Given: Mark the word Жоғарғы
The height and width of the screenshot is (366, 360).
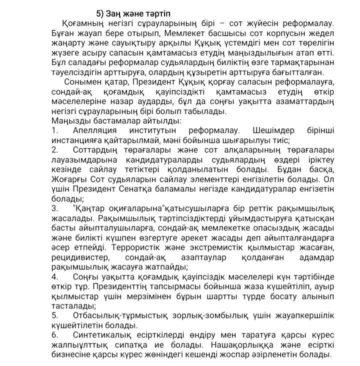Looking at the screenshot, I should click(68, 179).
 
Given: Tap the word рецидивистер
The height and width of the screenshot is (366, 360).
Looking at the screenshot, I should click(79, 257).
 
